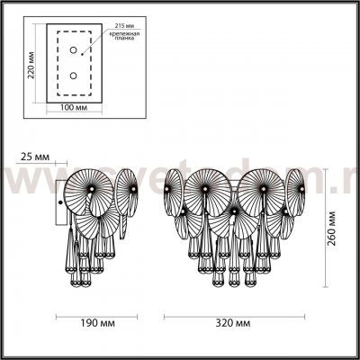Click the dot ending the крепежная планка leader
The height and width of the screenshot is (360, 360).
[x=91, y=40]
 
